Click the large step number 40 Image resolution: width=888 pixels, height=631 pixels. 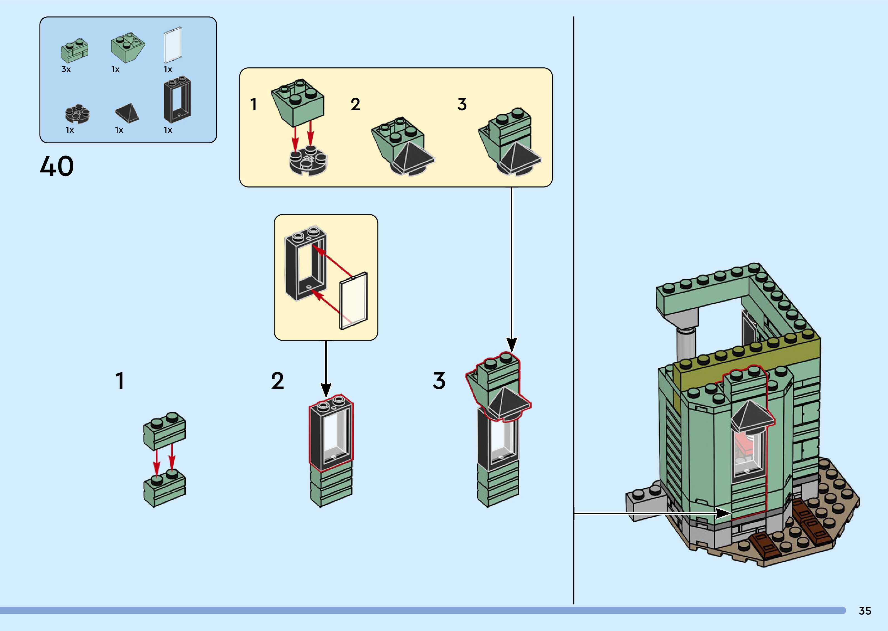click(x=57, y=166)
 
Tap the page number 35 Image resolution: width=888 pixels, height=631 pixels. click(x=865, y=611)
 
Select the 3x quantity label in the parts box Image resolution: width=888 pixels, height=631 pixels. click(x=66, y=70)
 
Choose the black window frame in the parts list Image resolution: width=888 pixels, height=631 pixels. click(x=177, y=100)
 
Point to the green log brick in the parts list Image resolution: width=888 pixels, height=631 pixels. click(x=75, y=51)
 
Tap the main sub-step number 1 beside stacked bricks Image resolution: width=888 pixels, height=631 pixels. click(x=120, y=381)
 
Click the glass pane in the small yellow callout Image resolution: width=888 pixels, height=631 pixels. click(x=353, y=301)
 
